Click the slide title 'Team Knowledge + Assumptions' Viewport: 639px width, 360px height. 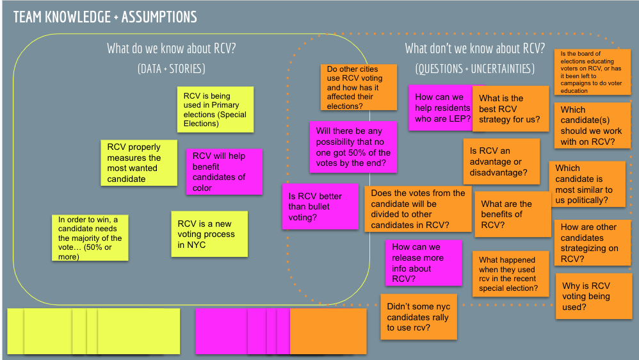pos(105,17)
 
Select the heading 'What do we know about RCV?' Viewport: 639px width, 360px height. pos(172,49)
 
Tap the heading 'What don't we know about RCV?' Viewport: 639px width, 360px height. pos(475,49)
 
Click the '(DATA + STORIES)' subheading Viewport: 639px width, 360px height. pos(172,69)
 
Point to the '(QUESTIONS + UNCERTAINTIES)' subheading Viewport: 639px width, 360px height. pos(474,69)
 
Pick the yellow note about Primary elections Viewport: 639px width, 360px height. pos(215,110)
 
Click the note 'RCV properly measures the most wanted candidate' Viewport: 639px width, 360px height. pos(139,163)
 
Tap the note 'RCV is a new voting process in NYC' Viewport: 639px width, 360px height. pos(209,234)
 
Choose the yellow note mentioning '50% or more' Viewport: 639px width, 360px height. pos(90,238)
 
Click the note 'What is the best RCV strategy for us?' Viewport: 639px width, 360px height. pos(510,109)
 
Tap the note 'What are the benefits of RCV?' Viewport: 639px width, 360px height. pos(512,214)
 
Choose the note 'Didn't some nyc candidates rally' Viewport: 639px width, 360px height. pos(419,317)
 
